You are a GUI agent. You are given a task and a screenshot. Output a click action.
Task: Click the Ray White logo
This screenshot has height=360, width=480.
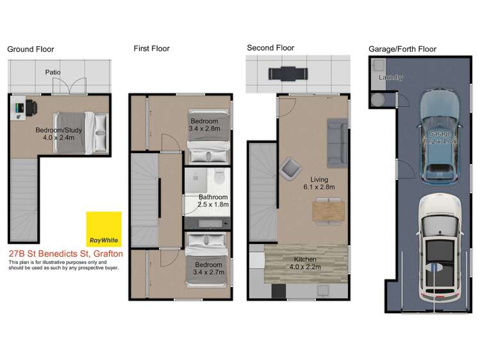click(104, 229)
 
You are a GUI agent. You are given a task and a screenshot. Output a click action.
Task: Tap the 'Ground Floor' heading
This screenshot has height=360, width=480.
click(31, 49)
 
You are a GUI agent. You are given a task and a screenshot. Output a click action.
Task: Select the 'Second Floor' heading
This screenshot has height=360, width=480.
click(270, 48)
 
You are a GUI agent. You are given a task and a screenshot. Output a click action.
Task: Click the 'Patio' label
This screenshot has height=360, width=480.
click(53, 72)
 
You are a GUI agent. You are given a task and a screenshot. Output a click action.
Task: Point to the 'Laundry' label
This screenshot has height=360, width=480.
click(391, 78)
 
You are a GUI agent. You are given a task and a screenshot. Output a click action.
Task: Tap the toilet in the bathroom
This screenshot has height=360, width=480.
click(219, 176)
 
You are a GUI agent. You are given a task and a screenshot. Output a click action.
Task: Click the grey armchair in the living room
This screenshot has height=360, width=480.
click(289, 170)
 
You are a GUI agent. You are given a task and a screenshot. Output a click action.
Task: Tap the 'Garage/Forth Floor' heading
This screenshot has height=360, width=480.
click(402, 49)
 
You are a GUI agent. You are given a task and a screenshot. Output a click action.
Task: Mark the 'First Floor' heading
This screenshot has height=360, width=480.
click(151, 48)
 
